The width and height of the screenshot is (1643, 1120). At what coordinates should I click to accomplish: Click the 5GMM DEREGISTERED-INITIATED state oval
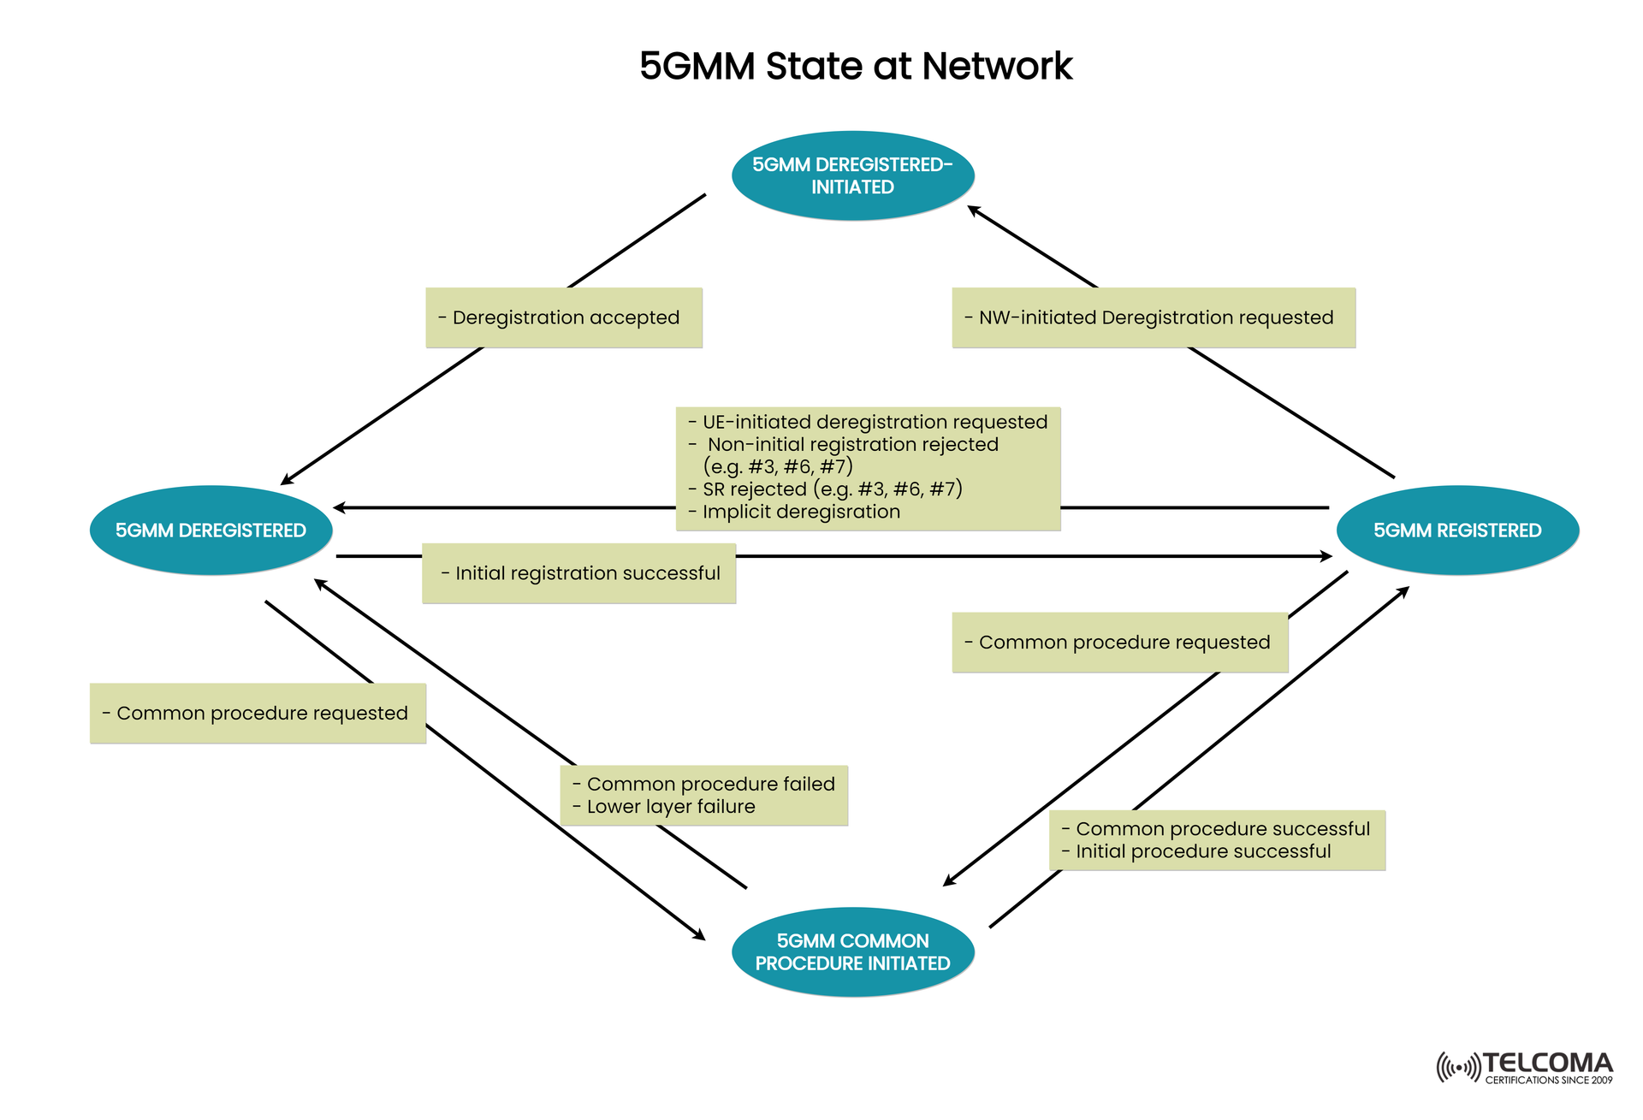point(852,175)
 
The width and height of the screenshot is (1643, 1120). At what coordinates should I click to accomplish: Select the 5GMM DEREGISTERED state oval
point(211,530)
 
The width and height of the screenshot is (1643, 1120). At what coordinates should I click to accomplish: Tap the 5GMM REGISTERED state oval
point(1456,530)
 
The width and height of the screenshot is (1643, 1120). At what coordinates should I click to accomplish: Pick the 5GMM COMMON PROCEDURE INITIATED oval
point(852,951)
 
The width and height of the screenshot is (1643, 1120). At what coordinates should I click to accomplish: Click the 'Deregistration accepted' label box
point(564,317)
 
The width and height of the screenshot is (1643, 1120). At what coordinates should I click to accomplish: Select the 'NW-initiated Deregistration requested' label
point(1153,317)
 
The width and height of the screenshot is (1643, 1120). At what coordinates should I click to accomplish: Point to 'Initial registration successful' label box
point(579,573)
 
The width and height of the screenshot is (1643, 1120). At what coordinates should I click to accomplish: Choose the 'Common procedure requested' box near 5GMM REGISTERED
point(1119,643)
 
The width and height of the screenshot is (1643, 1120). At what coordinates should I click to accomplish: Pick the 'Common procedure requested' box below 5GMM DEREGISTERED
point(258,714)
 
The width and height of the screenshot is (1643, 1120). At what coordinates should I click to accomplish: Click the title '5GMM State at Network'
point(855,66)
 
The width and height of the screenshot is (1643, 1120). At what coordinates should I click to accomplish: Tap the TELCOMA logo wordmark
point(1547,1063)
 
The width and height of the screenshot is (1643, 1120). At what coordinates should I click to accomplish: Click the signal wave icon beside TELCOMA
point(1457,1068)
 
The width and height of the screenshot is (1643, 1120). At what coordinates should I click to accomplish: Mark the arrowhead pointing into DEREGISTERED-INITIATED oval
point(973,209)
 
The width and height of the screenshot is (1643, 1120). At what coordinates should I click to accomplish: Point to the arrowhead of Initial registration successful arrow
point(1327,556)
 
